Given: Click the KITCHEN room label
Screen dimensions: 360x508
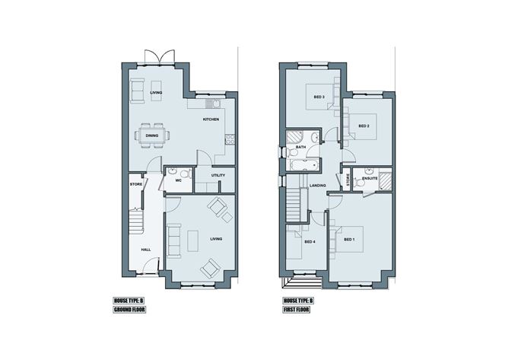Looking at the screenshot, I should [211, 120].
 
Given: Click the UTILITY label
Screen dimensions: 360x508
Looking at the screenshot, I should [218, 175].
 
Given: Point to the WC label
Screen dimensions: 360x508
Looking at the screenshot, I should [178, 180].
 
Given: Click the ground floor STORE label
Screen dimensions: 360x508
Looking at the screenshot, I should [136, 184].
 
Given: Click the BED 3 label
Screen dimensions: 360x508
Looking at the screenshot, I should [319, 97].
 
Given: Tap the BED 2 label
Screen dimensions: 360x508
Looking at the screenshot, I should [364, 126].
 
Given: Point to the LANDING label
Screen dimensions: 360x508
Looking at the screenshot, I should [318, 184].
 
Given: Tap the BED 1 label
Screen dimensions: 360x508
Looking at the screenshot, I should [349, 240].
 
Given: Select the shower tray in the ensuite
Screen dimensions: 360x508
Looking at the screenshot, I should [386, 181].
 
